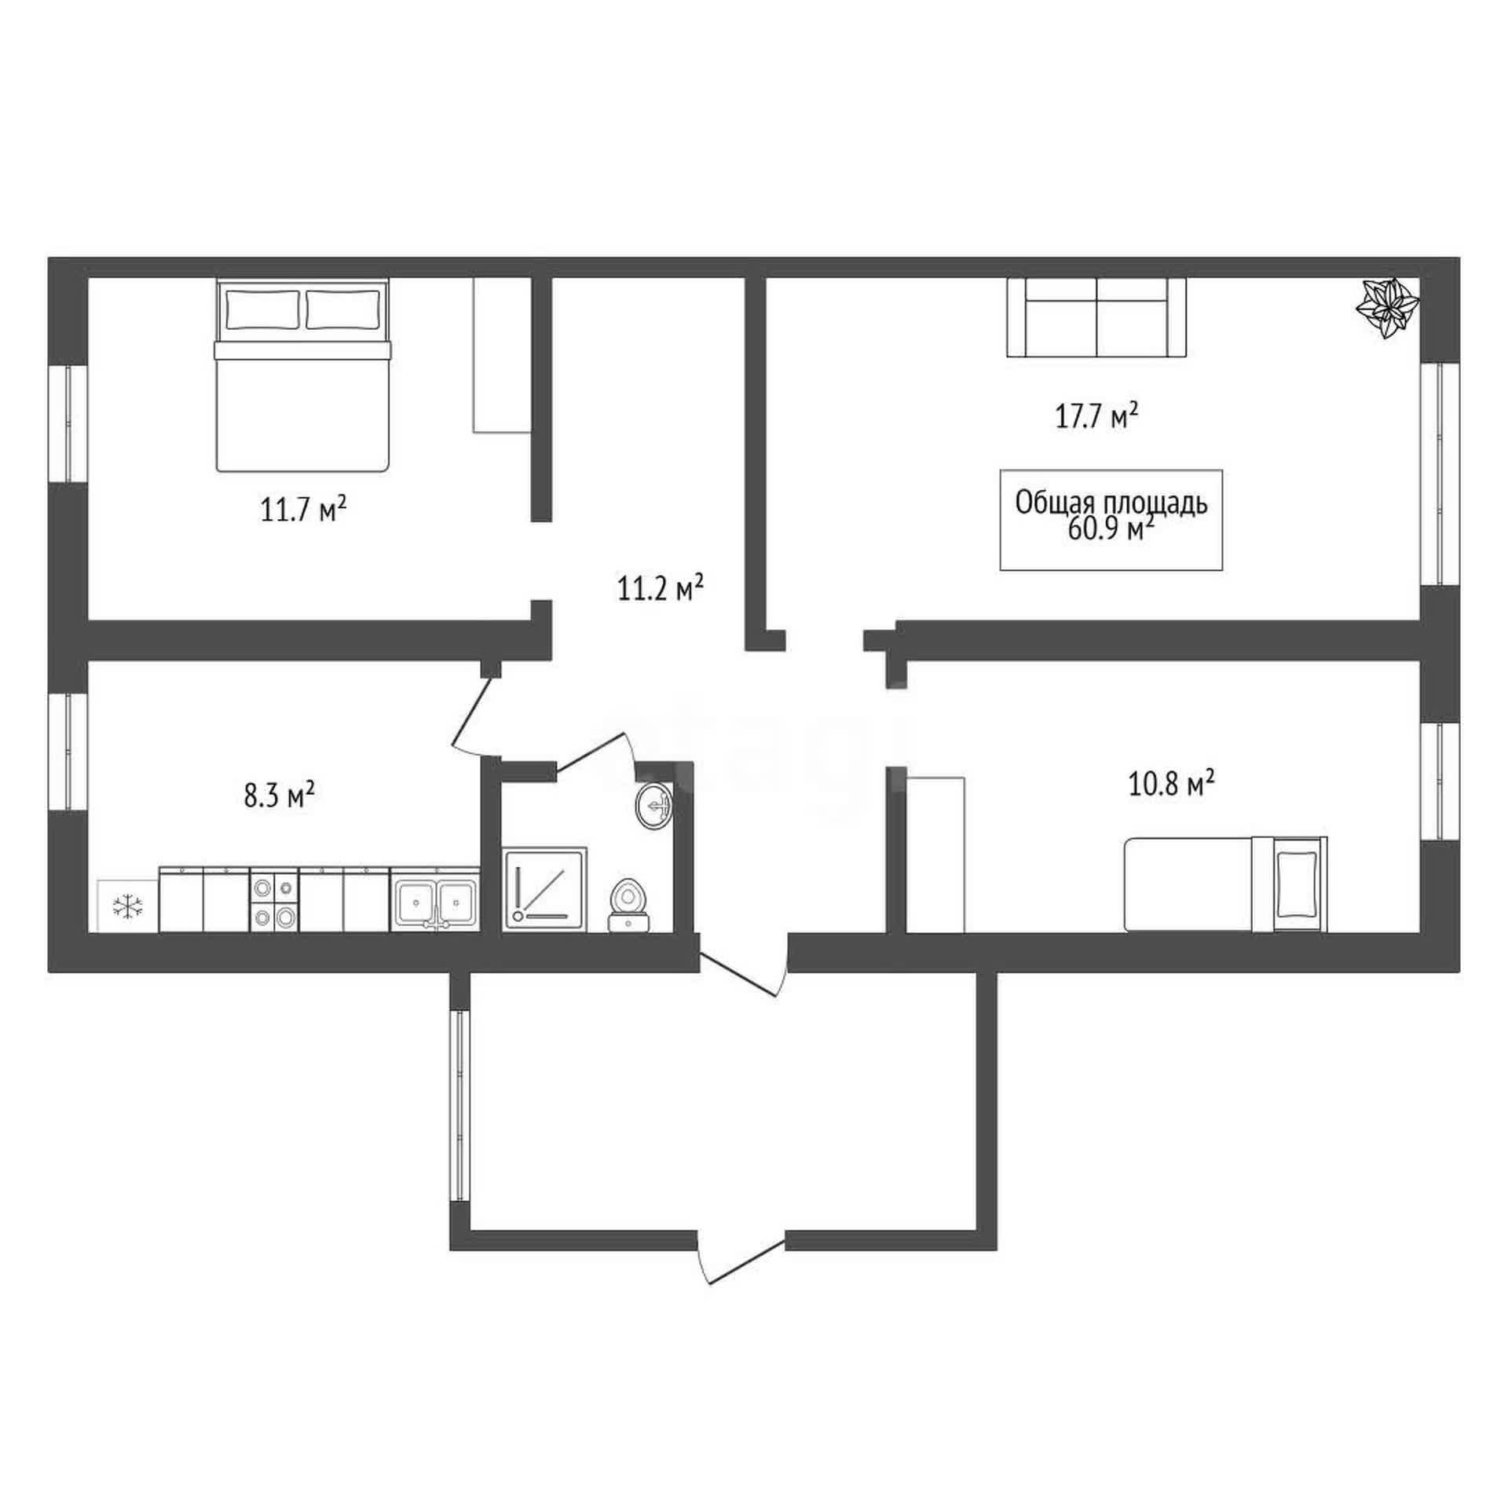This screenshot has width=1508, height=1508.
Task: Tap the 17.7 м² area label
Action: tap(1096, 415)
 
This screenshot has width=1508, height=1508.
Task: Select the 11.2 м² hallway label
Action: tap(660, 588)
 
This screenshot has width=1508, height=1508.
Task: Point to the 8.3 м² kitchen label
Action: tap(280, 796)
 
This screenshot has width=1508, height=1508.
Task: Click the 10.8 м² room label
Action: tap(1172, 783)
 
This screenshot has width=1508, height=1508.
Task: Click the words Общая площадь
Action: tap(1111, 503)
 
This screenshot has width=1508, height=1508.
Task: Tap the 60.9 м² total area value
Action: tap(1111, 529)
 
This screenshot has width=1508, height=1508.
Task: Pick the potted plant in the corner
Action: tap(1389, 308)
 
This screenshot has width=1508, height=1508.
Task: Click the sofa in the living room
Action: tap(1096, 317)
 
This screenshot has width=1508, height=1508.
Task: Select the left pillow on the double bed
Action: tap(263, 309)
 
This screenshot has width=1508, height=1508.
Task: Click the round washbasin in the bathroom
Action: tap(654, 805)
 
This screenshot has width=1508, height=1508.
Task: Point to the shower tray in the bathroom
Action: tap(544, 889)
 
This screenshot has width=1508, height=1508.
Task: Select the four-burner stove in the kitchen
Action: tap(274, 899)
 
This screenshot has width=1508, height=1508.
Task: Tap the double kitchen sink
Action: tap(435, 899)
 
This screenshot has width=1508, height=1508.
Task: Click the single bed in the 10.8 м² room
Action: tap(1226, 884)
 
